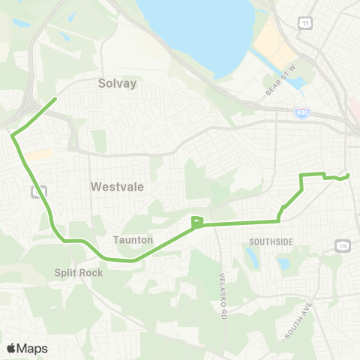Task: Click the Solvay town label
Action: [118, 84]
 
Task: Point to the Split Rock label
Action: [79, 273]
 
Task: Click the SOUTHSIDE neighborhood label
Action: [271, 241]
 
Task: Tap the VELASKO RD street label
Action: [223, 284]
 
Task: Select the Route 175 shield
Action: [343, 246]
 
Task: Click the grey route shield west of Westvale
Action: [35, 191]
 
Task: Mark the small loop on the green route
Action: [196, 221]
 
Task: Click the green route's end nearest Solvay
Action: [56, 98]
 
